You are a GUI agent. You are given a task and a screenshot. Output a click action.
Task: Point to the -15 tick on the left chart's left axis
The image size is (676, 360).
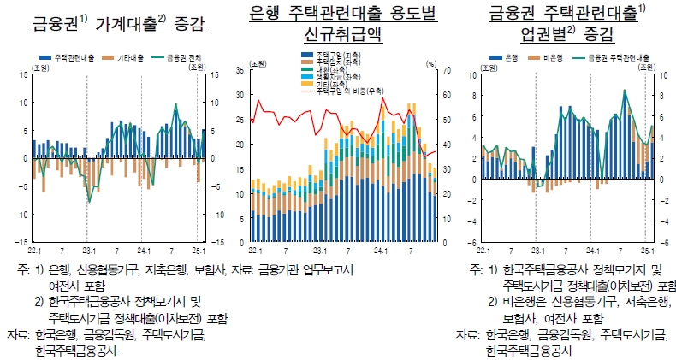(21, 242)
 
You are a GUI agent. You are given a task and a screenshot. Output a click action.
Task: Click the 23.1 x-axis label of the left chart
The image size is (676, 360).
(88, 251)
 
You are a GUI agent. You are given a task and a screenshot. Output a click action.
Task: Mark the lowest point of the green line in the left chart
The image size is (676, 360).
(88, 202)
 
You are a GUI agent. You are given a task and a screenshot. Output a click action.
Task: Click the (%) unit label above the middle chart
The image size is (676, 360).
(430, 62)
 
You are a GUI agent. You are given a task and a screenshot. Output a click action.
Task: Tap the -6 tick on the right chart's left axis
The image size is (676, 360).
(472, 242)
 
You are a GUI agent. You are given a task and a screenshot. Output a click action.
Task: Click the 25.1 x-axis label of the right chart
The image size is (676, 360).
(647, 251)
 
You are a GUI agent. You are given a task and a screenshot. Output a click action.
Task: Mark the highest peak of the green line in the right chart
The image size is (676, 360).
(625, 90)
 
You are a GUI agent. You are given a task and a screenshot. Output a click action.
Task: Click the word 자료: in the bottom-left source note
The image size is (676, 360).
(17, 333)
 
